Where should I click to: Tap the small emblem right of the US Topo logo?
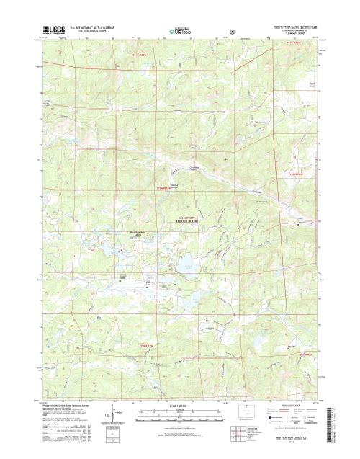(x=231, y=31)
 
